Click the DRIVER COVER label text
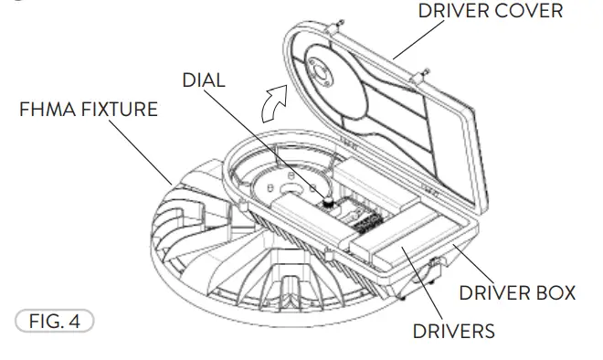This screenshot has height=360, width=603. (490, 12)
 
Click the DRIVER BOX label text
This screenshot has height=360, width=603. (517, 292)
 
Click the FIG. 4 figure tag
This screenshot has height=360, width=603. (56, 322)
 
